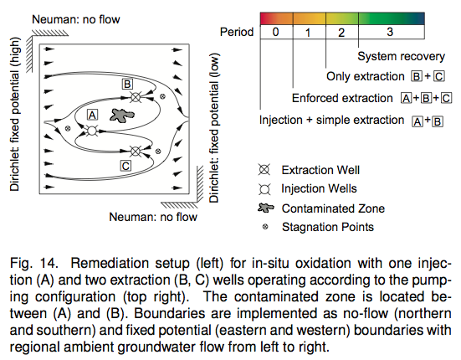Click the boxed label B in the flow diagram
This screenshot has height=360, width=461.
(x=127, y=84)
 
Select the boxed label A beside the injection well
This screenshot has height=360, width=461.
(x=92, y=115)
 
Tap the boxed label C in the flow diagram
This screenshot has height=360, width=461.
(x=125, y=166)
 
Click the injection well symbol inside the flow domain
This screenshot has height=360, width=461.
(x=92, y=131)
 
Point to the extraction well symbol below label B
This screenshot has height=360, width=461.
(x=136, y=97)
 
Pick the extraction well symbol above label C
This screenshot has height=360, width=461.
(x=136, y=152)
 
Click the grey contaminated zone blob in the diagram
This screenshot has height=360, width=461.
(x=122, y=115)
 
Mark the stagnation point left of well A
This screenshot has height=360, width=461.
(x=68, y=128)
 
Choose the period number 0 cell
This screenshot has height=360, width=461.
(x=276, y=32)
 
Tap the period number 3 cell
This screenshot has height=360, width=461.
(x=392, y=32)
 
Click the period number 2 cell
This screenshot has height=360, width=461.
(x=342, y=32)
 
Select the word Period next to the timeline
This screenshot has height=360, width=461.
(x=237, y=32)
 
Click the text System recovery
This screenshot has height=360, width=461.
(x=401, y=56)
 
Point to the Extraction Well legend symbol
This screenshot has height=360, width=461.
(x=264, y=170)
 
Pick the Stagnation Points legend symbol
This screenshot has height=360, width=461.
(x=265, y=227)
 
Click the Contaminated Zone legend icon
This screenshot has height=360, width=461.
(x=265, y=208)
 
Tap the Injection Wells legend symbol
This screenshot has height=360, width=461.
(x=264, y=189)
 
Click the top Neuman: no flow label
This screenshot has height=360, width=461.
(x=76, y=19)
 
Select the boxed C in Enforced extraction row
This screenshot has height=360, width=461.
(x=446, y=98)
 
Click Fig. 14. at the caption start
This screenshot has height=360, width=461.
(x=34, y=263)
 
